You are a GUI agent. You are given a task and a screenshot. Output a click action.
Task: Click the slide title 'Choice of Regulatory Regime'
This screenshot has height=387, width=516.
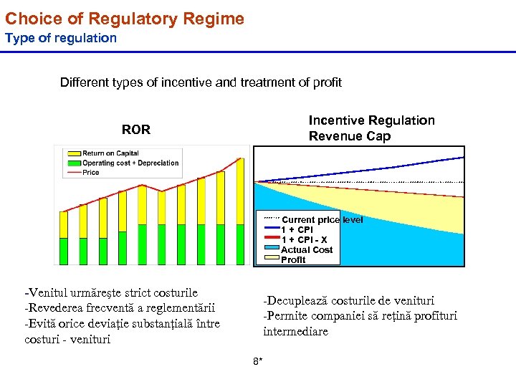[x=125, y=19]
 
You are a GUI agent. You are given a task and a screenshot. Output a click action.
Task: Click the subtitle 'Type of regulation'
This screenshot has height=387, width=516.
[x=61, y=38]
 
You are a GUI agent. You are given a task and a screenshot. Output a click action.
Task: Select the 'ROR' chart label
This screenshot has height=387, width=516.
[x=136, y=130]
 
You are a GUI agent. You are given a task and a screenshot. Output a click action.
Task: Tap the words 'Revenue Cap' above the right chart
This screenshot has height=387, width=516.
[x=350, y=136]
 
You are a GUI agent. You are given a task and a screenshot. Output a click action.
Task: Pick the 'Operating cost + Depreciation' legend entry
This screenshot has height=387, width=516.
[x=130, y=163]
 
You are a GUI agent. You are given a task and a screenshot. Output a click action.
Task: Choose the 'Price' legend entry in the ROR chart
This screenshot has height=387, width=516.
[x=90, y=172]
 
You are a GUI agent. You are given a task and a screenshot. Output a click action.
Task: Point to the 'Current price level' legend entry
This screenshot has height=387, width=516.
[x=322, y=220]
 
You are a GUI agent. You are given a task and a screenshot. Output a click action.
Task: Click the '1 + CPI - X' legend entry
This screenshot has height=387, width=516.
[x=304, y=240]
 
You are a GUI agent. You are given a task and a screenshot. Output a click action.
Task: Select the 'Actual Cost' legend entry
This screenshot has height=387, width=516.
[x=307, y=250]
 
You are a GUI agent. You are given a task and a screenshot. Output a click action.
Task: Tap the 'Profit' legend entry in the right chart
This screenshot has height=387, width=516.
[x=293, y=260]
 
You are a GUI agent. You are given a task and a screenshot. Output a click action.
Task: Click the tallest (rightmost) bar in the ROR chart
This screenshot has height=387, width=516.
[x=240, y=211]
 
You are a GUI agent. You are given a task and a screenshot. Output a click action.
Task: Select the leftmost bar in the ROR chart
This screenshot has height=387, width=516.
[x=64, y=238]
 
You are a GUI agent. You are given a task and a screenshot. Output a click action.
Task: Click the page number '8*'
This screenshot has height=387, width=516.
[x=258, y=361]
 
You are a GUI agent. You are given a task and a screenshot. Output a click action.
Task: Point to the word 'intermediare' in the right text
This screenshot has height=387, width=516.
[x=295, y=332]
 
